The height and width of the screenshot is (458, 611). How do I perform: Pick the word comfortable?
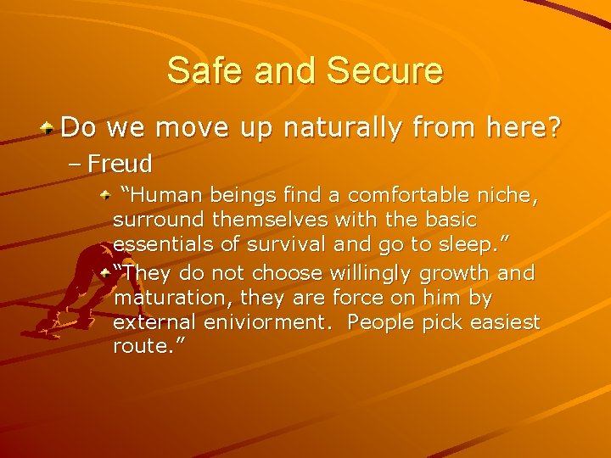407,196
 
